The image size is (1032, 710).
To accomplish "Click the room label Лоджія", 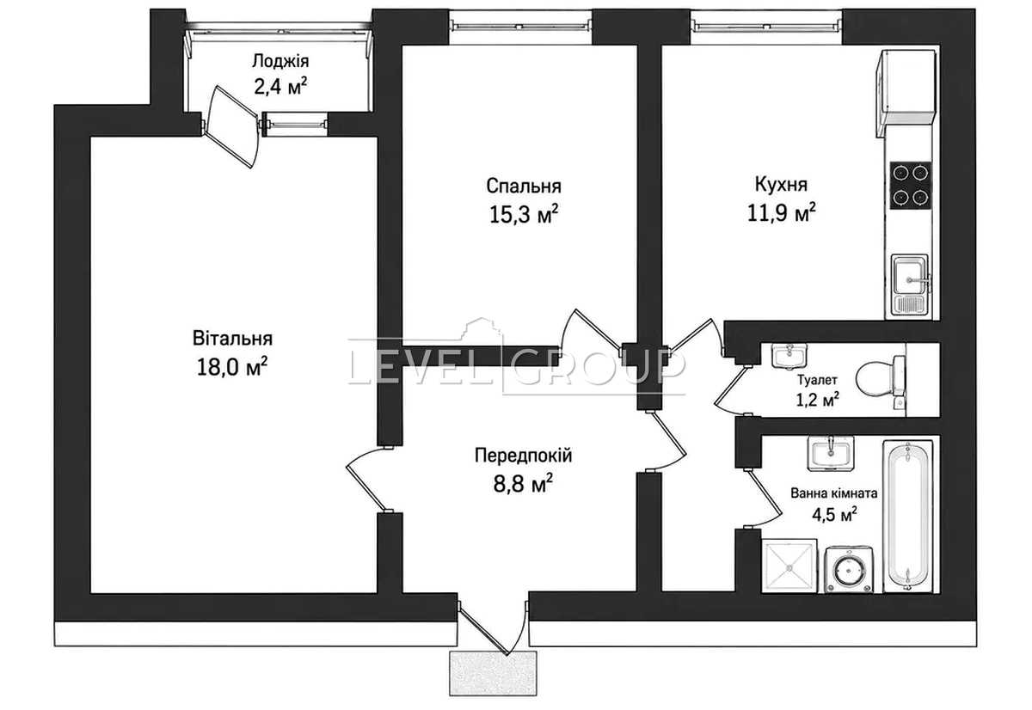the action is (280, 61).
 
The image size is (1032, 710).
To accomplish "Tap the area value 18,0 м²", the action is (232, 367).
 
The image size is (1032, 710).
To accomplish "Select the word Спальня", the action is (524, 186).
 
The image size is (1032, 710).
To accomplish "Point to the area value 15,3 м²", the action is (524, 214).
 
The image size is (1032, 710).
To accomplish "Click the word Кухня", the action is (781, 184).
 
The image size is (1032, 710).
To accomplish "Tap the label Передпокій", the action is (524, 456).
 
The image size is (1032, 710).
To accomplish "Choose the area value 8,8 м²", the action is (524, 484).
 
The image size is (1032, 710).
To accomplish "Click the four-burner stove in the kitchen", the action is (911, 185).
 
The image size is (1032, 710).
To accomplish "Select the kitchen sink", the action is (910, 285).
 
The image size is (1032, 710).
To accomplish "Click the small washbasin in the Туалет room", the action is (789, 356).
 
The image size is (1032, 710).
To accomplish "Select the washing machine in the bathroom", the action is (849, 569).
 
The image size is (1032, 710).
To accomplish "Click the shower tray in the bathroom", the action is (789, 566).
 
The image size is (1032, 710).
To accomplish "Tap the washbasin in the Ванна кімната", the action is (830, 453).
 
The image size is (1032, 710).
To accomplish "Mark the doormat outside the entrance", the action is (493, 673).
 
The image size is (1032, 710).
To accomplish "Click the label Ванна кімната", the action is (834, 494).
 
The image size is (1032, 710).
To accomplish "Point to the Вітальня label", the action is (232, 339).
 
